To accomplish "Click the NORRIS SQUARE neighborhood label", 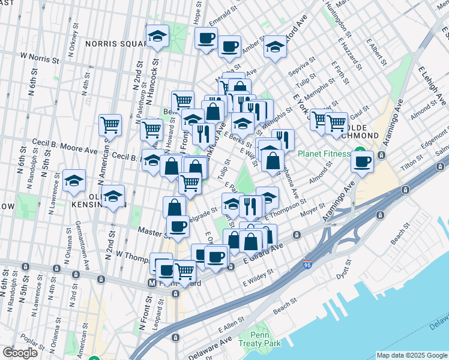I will pos(114,43).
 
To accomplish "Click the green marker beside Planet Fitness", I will pos(360,152).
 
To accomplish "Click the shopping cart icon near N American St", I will pos(110,125).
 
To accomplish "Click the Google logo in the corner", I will pos(20,353).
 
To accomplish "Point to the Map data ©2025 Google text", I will pos(411,355).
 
